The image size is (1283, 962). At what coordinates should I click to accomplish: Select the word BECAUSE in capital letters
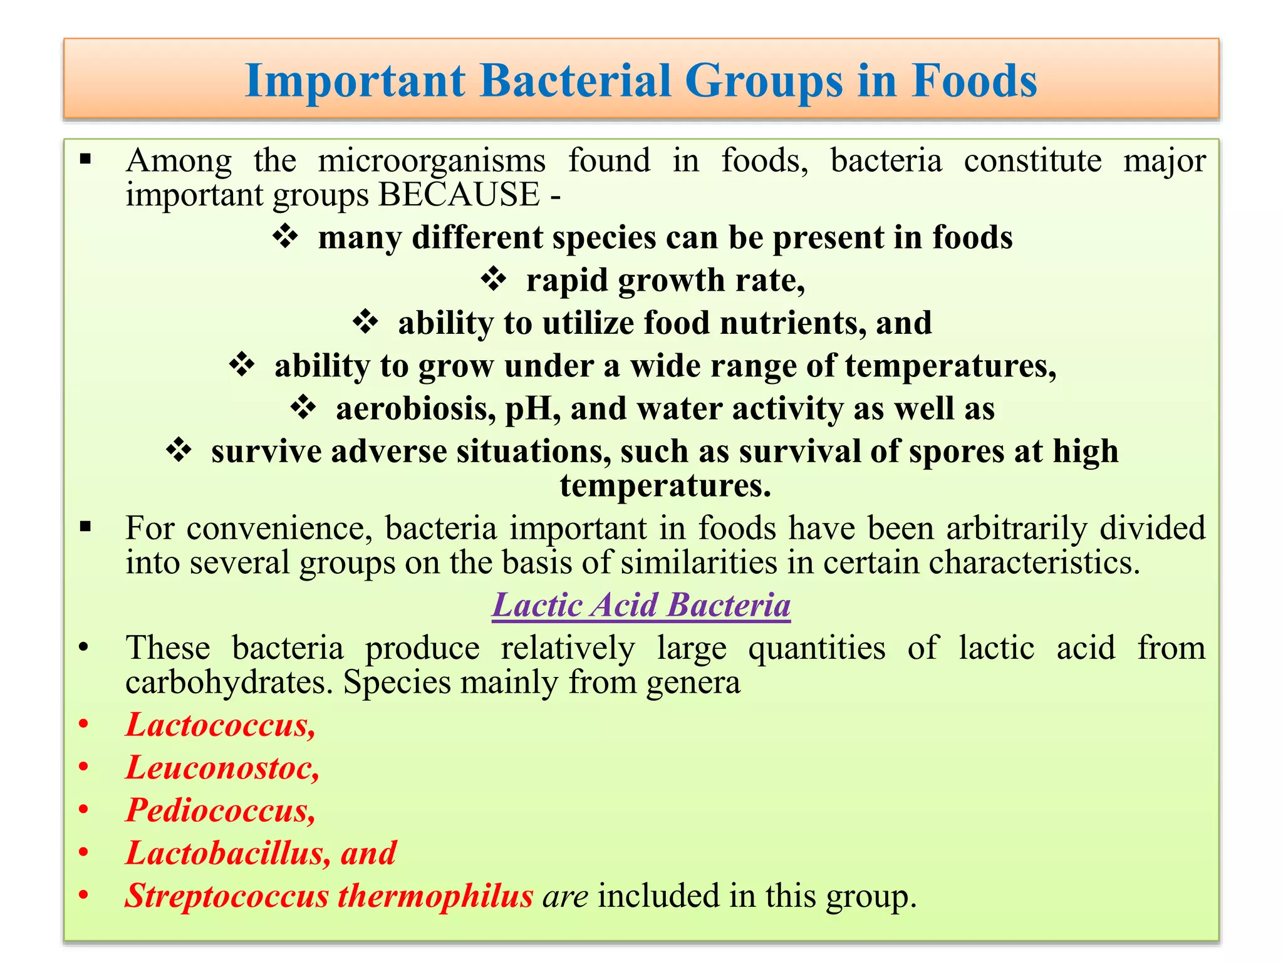(x=459, y=195)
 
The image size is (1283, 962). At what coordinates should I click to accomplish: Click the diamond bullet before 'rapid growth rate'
(x=494, y=280)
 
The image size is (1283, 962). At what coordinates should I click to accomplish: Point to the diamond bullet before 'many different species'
(x=286, y=237)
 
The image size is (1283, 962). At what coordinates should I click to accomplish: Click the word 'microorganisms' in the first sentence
(x=432, y=161)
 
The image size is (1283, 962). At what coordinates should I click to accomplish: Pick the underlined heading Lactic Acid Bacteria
(x=641, y=606)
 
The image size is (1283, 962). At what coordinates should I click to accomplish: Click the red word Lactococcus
(x=219, y=725)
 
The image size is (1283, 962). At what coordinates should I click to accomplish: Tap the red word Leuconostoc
(x=221, y=768)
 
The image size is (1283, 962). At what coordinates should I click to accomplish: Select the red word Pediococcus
(x=219, y=810)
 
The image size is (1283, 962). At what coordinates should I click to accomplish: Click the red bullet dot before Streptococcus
(x=83, y=896)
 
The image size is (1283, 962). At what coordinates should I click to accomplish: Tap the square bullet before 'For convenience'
(x=86, y=527)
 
